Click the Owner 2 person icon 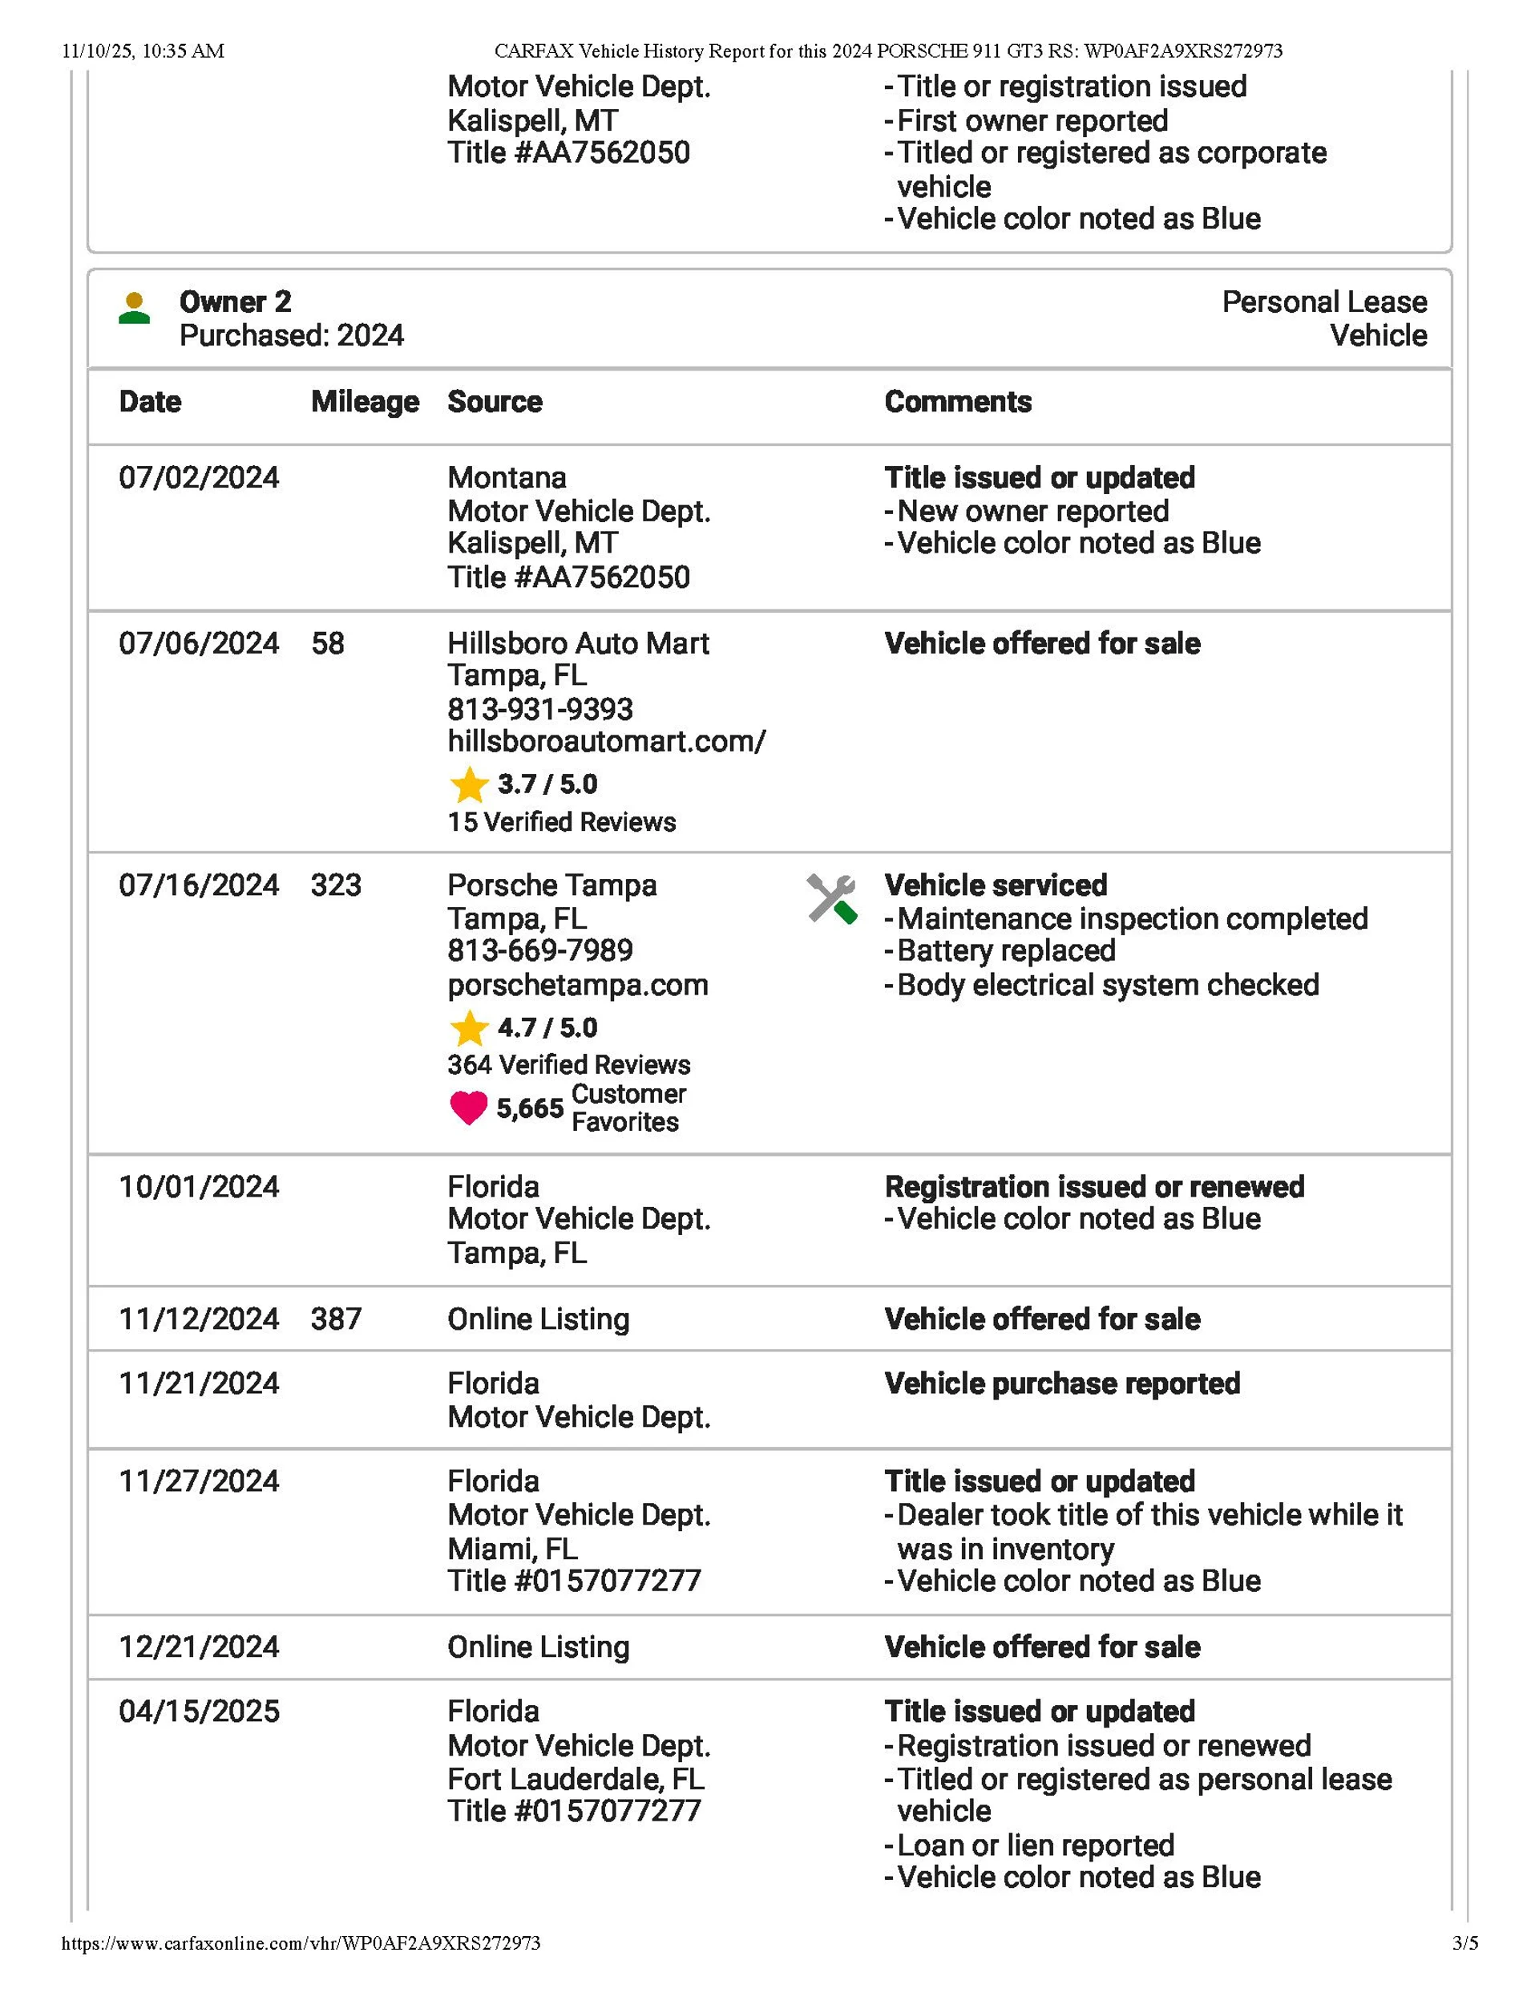click(x=134, y=309)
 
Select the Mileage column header click(x=365, y=402)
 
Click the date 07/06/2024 click(x=199, y=643)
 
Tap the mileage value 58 click(x=328, y=643)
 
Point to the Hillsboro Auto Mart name click(x=577, y=643)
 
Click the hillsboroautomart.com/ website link click(x=606, y=741)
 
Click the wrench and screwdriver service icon click(x=831, y=899)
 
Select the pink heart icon click(x=469, y=1108)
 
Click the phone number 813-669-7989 click(x=539, y=951)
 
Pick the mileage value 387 click(x=336, y=1319)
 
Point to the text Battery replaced click(x=1005, y=951)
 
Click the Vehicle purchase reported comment click(x=1062, y=1383)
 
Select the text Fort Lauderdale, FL click(x=576, y=1779)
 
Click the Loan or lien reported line click(x=1035, y=1845)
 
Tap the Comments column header click(x=958, y=402)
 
